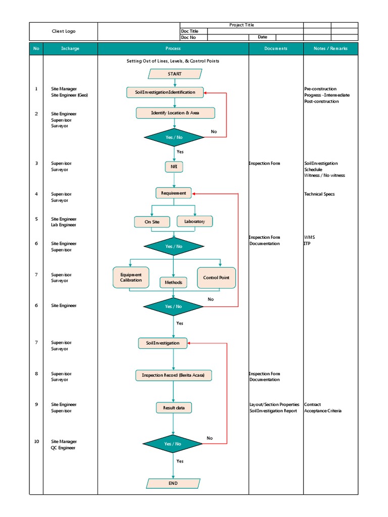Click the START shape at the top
174,74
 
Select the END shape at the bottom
173,483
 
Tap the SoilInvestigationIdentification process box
165,92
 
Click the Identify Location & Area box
175,113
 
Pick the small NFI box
173,167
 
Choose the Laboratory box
195,221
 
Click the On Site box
152,222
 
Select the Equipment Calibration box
131,278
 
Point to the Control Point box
216,278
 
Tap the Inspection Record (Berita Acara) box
173,375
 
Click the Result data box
173,407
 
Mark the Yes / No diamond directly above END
173,444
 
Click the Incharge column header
70,49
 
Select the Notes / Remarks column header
330,49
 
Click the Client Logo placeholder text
64,31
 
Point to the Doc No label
188,37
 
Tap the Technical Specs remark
319,194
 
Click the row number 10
36,441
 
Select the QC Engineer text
64,448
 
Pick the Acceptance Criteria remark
323,411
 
